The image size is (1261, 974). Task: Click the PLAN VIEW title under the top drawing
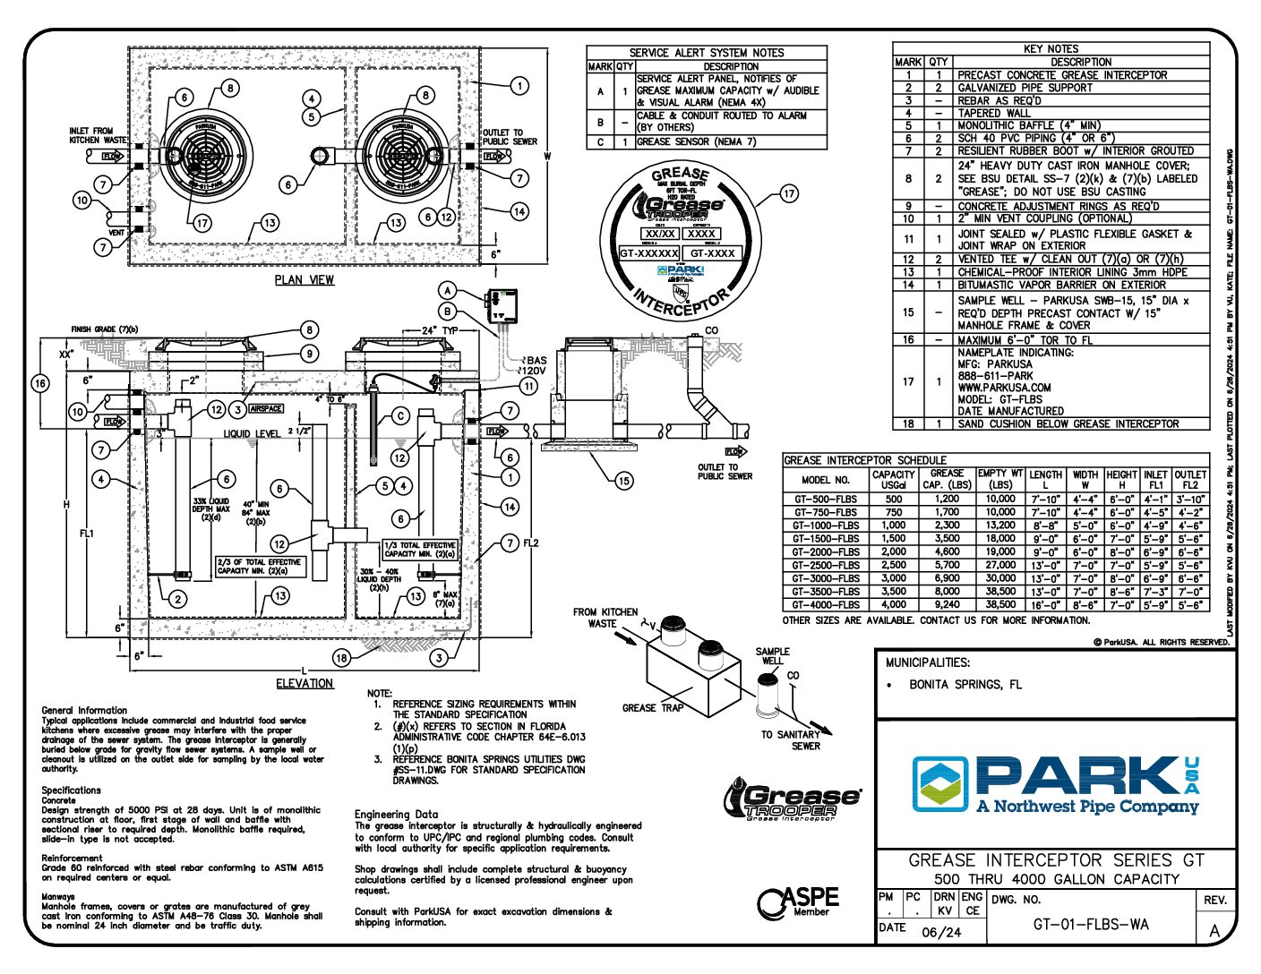(x=305, y=280)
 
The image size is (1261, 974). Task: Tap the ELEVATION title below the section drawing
(x=305, y=683)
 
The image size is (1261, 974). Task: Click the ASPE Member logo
(x=798, y=902)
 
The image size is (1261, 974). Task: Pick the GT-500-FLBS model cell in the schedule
(x=825, y=500)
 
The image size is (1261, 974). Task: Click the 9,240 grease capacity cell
(x=947, y=605)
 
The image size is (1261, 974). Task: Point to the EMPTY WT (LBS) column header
(x=1000, y=479)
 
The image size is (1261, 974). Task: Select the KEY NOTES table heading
(x=1051, y=48)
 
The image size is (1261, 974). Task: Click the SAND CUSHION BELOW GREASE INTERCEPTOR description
(x=1068, y=424)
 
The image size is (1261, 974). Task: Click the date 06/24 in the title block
(x=940, y=932)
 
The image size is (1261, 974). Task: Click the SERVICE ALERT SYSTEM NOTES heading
(x=706, y=53)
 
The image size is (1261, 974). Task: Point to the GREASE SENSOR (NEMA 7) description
(x=696, y=142)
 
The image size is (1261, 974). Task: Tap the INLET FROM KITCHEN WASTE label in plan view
(x=98, y=135)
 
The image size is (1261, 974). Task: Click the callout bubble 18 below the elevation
(x=341, y=658)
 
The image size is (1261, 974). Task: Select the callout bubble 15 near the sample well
(x=623, y=481)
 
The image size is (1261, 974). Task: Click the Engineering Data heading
(x=396, y=815)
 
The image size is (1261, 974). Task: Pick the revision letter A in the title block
(x=1214, y=931)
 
